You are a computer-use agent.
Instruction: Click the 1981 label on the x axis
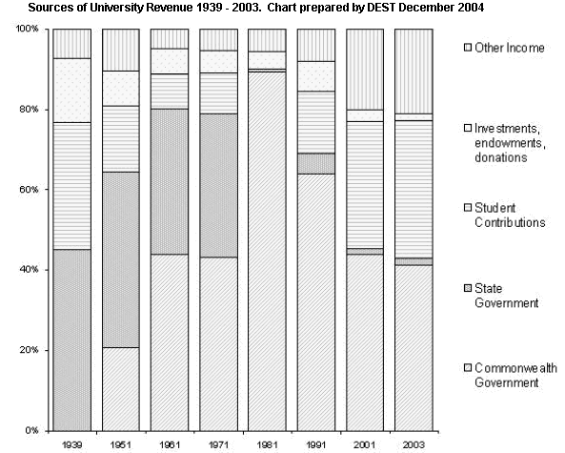(267, 445)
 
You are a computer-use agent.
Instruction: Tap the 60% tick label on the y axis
(29, 190)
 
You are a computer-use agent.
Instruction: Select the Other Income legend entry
(504, 48)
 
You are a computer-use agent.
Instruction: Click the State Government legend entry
(501, 296)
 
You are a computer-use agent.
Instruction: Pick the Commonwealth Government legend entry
(511, 375)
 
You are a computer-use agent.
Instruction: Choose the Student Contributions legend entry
(504, 215)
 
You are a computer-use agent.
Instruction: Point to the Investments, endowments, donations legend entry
(505, 143)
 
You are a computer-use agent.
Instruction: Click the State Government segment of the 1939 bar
(72, 340)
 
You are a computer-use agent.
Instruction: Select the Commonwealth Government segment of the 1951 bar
(121, 389)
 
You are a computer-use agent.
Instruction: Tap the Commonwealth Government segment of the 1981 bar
(267, 252)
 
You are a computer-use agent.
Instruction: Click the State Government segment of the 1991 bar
(316, 164)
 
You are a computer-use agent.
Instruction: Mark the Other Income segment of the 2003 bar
(414, 72)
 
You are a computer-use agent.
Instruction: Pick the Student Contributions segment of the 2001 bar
(365, 185)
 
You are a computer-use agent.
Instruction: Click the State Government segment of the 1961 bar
(170, 182)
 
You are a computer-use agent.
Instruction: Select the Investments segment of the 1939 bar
(72, 91)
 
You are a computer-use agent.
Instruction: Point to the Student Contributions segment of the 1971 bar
(219, 93)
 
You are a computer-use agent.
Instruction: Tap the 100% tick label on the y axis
(27, 29)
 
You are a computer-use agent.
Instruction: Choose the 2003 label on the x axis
(414, 445)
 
